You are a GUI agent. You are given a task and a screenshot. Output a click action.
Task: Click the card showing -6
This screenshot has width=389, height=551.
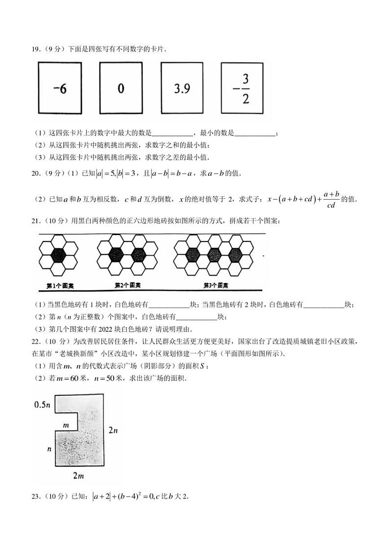[x=60, y=89]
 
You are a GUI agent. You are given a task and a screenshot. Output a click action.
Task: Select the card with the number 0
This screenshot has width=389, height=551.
[x=121, y=88]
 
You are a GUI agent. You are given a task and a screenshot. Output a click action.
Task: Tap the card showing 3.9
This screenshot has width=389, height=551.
[x=182, y=88]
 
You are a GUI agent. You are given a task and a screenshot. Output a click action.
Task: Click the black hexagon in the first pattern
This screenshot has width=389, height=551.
[x=58, y=255]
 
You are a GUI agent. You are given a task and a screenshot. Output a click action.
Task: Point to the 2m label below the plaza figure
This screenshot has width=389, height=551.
[x=78, y=475]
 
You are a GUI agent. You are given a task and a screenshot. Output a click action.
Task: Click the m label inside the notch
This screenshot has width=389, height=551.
[x=66, y=423]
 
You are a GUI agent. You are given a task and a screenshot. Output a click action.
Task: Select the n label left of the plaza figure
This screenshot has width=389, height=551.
[x=49, y=449]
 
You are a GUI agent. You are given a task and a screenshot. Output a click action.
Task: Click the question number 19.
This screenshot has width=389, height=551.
[x=35, y=49]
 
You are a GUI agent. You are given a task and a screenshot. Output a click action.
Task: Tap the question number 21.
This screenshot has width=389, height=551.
[x=35, y=221]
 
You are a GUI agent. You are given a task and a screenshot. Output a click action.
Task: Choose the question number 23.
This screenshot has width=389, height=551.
[x=35, y=496]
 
